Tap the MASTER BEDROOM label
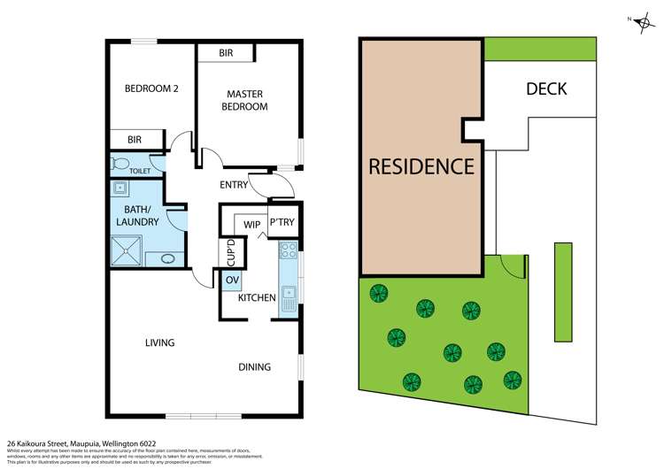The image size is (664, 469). coord(247,100)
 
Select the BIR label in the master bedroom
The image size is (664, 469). coord(226,54)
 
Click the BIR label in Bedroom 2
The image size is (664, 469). coord(135,140)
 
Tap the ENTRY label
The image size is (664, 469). coord(234,185)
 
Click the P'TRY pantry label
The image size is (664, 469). coord(282,223)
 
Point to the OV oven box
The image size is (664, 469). coord(233,281)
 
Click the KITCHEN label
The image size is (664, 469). coord(257,298)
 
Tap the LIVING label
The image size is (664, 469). coord(160,342)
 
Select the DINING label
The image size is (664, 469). coord(254,367)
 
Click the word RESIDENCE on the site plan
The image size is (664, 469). coord(421,165)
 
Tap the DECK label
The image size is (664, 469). coord(546,88)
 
